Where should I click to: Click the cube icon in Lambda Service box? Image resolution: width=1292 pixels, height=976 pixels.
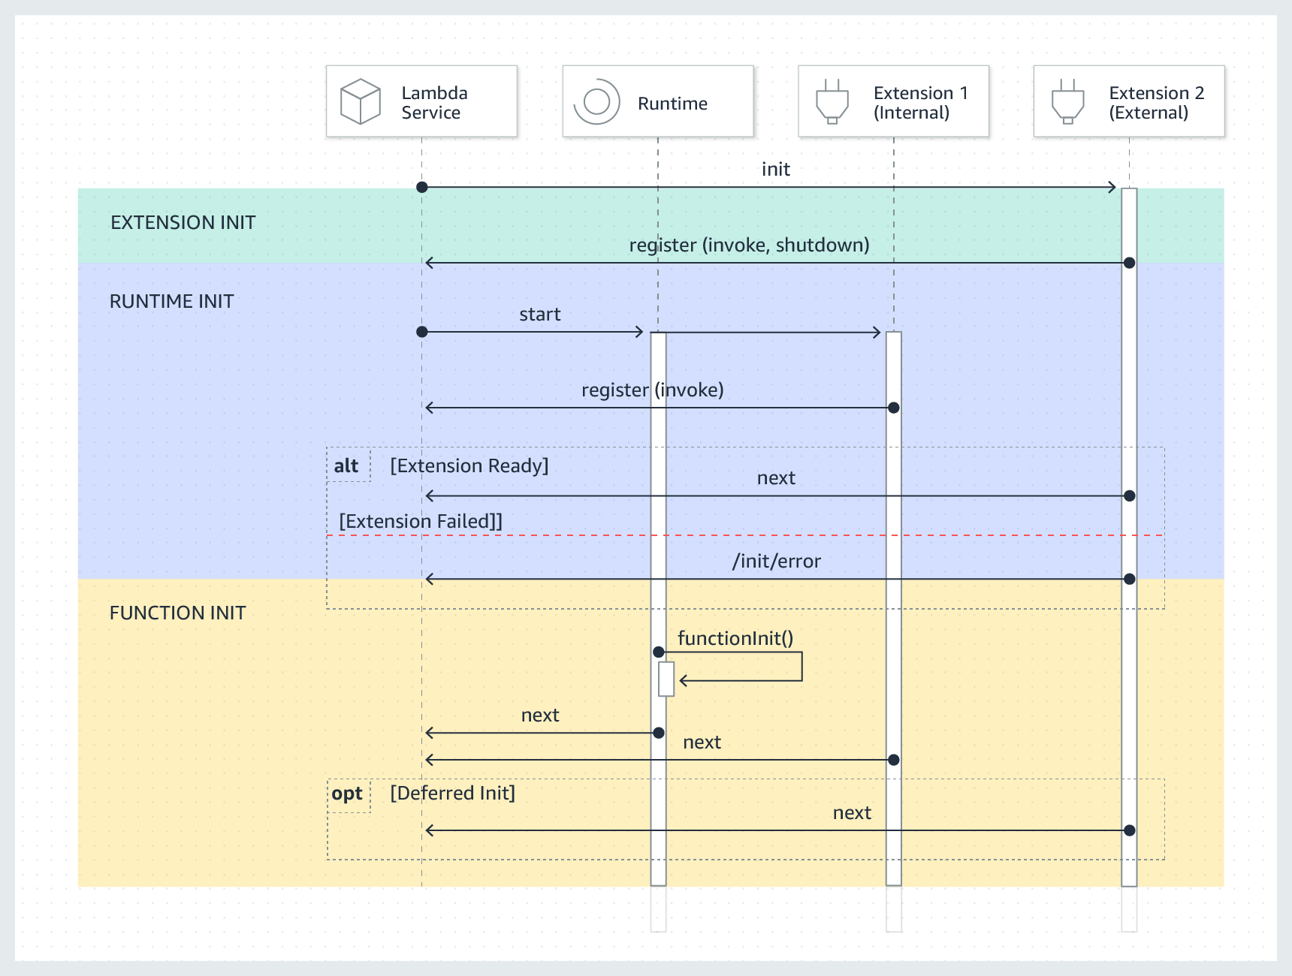tap(361, 101)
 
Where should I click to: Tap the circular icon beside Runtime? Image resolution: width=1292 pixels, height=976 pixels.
tap(597, 101)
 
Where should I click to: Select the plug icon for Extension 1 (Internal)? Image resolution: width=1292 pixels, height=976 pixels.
tap(832, 101)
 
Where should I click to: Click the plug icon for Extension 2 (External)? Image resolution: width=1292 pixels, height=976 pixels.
tap(1067, 101)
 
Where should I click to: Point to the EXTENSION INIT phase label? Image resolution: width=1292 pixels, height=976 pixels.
tap(183, 223)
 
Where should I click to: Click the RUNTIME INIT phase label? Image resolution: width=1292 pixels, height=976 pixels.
tap(171, 302)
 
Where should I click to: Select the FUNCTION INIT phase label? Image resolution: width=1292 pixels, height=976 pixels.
tap(177, 613)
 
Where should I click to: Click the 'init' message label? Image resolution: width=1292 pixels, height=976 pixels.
tap(775, 170)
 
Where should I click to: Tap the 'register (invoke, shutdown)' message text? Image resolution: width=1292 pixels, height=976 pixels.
tap(749, 246)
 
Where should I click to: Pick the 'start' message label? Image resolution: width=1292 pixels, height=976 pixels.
tap(539, 315)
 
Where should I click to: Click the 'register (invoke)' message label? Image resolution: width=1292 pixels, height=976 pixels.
tap(652, 390)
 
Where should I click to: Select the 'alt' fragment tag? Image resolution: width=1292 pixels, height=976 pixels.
tap(346, 466)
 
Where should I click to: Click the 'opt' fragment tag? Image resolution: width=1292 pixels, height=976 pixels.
tap(347, 794)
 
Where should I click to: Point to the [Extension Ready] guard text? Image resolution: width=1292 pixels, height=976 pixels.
tap(469, 466)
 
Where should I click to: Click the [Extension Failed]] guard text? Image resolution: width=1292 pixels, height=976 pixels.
tap(420, 522)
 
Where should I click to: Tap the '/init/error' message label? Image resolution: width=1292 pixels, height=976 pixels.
tap(776, 562)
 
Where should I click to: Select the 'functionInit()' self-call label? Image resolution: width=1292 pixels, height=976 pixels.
tap(735, 639)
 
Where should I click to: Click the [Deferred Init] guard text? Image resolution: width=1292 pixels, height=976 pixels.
tap(452, 794)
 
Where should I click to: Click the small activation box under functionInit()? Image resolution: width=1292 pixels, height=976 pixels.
tap(666, 679)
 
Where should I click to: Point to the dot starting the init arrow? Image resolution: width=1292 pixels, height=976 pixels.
tap(422, 187)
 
